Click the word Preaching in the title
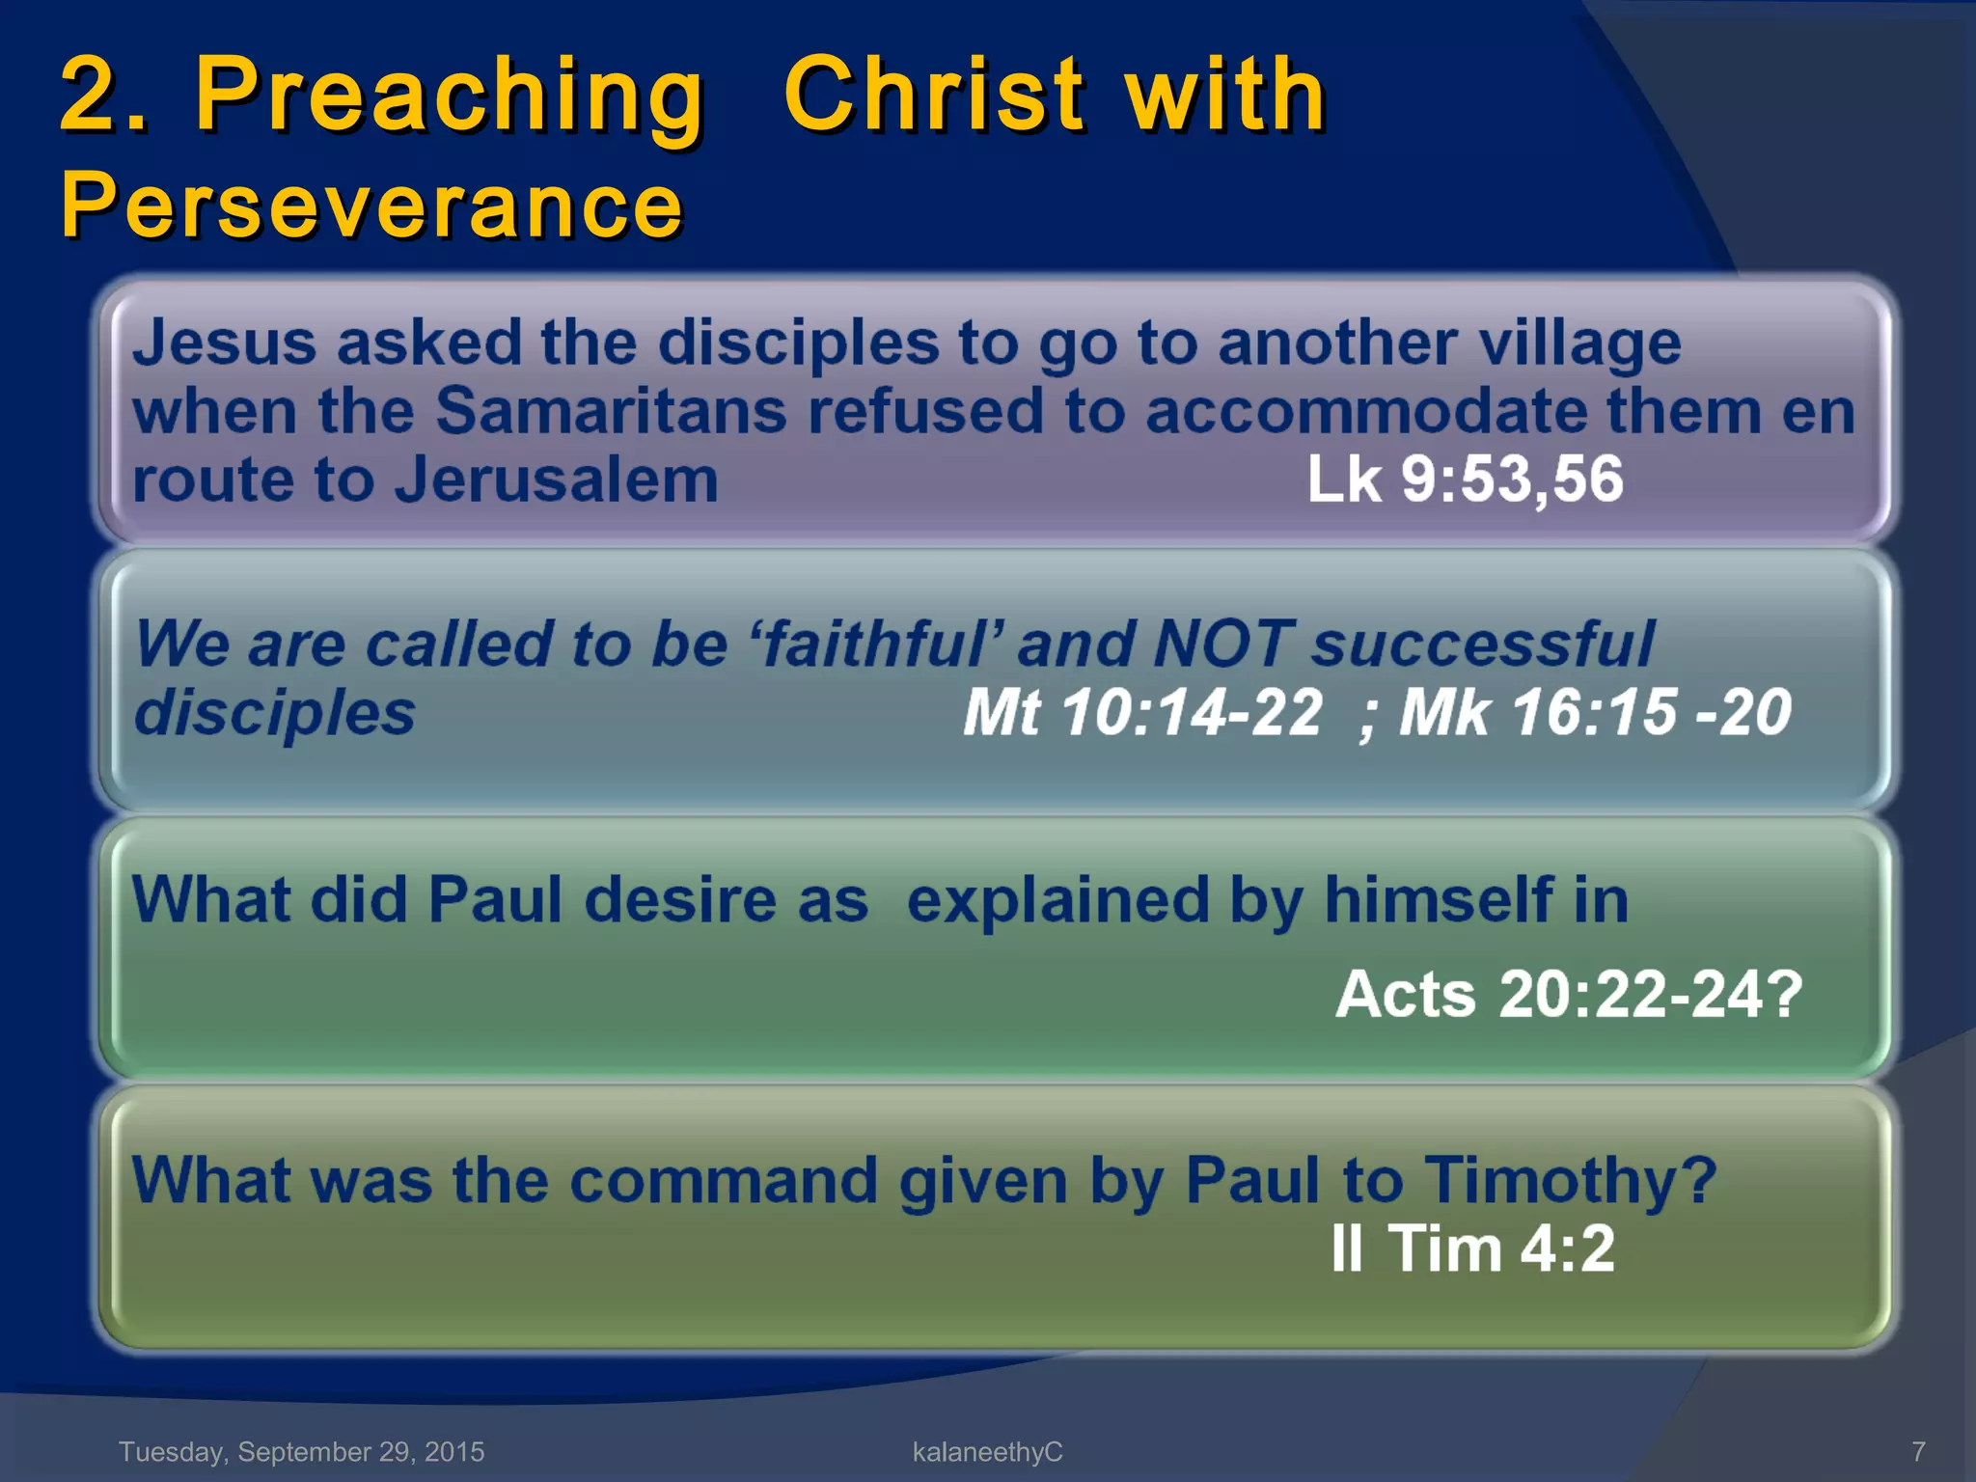[450, 96]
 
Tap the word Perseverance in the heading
[371, 205]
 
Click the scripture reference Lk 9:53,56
[1465, 480]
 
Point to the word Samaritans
[612, 411]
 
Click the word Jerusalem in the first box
[558, 480]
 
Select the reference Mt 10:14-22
[1142, 713]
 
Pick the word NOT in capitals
[1223, 644]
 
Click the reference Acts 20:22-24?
[1569, 994]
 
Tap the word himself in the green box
[1438, 900]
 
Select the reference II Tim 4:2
[1472, 1249]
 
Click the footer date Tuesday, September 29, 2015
[302, 1451]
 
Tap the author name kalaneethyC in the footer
[987, 1451]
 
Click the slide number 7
[1918, 1451]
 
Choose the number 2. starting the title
[104, 96]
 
